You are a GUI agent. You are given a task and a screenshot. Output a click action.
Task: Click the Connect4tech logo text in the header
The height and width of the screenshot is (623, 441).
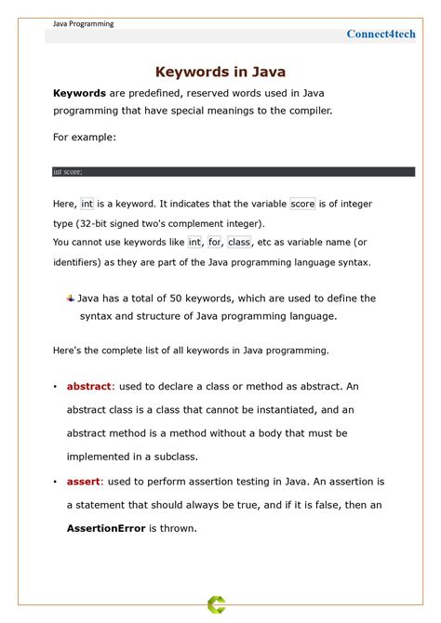(381, 33)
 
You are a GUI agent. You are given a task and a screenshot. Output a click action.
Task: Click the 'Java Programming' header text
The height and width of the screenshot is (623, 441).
(83, 24)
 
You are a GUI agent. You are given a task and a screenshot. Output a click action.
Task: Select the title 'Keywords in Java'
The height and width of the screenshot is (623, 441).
(220, 72)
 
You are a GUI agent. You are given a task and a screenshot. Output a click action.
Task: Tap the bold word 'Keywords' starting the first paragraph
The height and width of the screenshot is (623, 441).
(79, 93)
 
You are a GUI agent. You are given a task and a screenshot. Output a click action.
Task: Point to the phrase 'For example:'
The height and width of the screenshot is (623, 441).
(85, 137)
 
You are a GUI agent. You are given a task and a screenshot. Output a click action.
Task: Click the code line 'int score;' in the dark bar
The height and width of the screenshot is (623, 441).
(68, 172)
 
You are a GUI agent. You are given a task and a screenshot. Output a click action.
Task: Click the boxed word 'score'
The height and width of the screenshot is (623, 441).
(302, 204)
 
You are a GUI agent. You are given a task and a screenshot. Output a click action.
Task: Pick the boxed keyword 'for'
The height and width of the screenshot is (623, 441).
(214, 242)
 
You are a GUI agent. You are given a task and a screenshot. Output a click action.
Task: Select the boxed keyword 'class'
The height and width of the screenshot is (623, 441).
(239, 242)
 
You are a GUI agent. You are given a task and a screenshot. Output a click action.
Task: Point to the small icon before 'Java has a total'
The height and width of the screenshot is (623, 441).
(71, 298)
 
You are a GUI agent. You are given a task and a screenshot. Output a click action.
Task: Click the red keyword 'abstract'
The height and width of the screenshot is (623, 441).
(89, 386)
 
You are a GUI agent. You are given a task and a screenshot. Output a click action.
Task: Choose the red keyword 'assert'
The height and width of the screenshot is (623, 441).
(85, 482)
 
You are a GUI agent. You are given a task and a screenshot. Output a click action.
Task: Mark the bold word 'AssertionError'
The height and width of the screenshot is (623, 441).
(106, 528)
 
